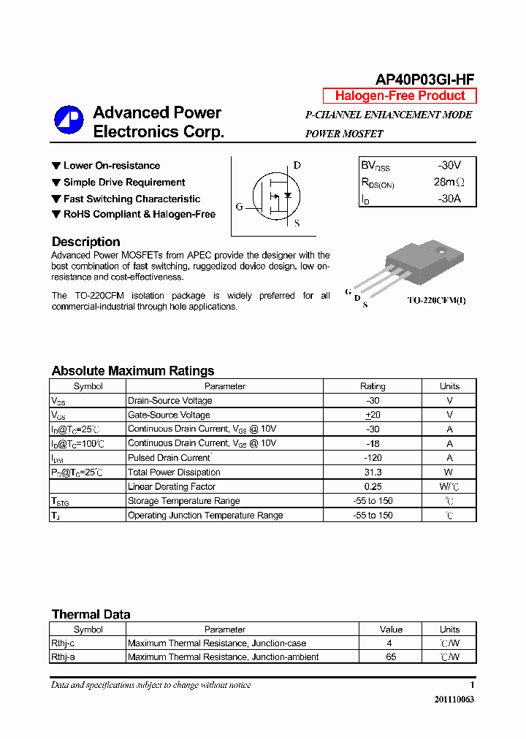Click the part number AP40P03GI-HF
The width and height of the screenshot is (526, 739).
(425, 80)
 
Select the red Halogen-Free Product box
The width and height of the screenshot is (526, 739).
(400, 96)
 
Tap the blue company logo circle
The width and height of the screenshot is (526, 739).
(69, 120)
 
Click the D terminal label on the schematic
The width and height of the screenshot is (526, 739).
(297, 165)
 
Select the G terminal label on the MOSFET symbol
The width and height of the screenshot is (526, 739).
(239, 207)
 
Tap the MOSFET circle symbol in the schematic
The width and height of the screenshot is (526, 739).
(275, 195)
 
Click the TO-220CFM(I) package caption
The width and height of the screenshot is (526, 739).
(436, 300)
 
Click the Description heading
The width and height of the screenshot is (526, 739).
(85, 242)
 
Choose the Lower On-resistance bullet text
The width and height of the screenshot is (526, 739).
(111, 166)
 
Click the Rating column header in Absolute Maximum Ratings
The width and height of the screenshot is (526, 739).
(373, 386)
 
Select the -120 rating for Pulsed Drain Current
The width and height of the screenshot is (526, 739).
(373, 458)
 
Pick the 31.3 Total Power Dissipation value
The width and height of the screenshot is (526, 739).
(373, 472)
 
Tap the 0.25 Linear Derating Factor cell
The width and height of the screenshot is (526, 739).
(373, 486)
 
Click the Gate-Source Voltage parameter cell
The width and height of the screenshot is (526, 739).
(169, 415)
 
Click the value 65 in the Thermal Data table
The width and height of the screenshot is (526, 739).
(390, 657)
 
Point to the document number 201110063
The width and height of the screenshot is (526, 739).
(454, 699)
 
